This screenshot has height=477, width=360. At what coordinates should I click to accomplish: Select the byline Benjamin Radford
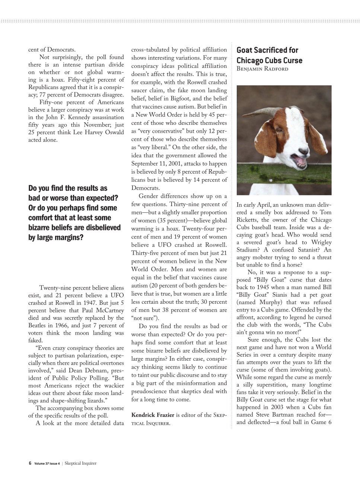pyautogui.click(x=262, y=69)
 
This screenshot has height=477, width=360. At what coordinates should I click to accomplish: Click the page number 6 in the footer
pyautogui.click(x=30, y=464)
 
